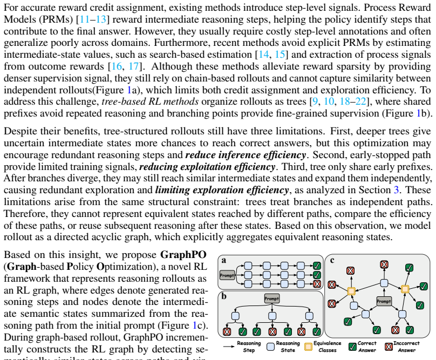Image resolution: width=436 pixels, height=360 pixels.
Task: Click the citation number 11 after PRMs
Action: pos(85,19)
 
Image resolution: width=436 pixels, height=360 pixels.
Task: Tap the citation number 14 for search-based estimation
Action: pos(264,55)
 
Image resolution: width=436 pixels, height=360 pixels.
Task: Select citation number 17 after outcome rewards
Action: pos(134,66)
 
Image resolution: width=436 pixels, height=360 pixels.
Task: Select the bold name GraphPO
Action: pos(183,255)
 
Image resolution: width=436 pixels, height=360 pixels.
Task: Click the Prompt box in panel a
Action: pos(227,275)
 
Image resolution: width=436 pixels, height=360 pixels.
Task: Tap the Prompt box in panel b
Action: pos(271,298)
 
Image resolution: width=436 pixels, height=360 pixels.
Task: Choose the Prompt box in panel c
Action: pos(384,301)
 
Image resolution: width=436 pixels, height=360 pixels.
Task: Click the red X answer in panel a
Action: pos(317,284)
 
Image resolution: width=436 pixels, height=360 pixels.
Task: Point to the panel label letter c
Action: pos(332,260)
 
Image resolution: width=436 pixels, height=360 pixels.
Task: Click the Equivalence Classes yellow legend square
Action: pos(308,347)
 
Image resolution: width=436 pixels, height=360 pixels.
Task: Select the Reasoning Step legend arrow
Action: pos(229,347)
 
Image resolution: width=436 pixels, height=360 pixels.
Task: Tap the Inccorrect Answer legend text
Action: pos(406,347)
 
